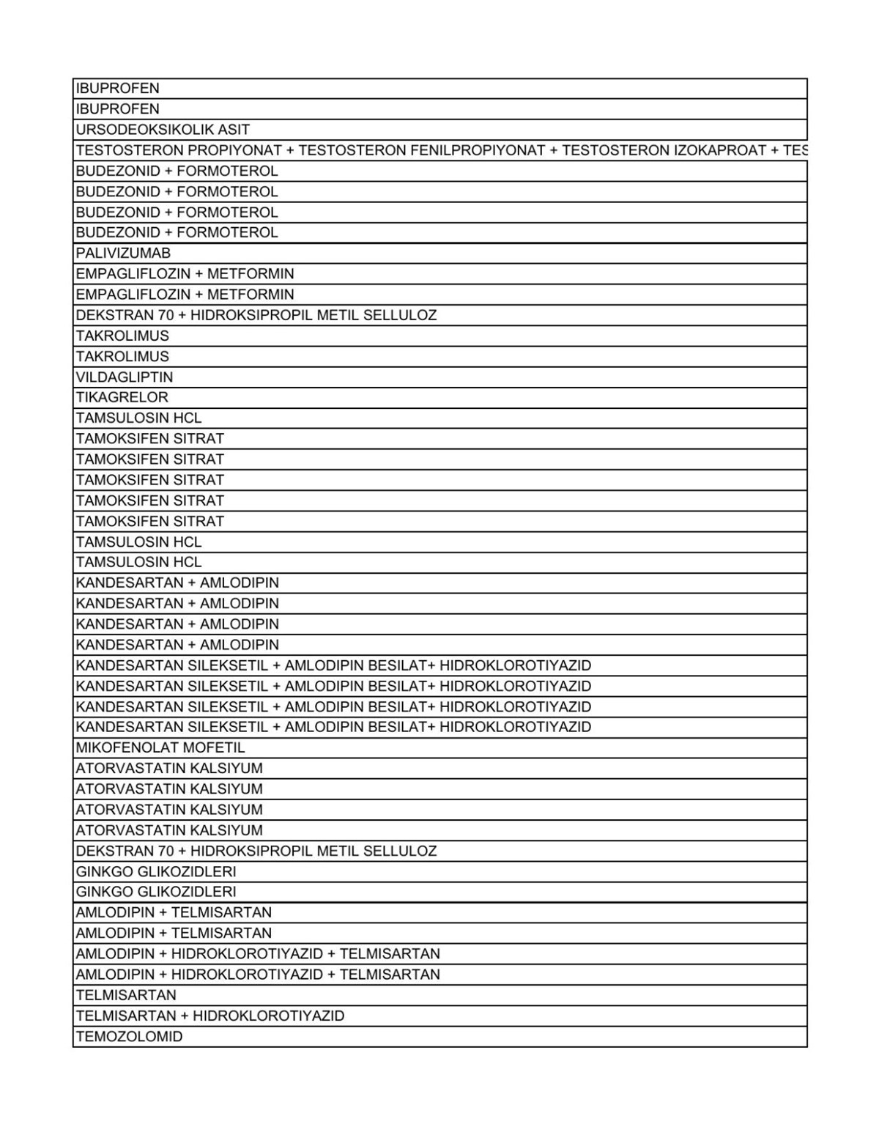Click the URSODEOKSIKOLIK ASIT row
[163, 130]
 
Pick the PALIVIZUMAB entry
[123, 253]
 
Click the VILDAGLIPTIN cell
[125, 377]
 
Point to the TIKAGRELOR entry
[122, 397]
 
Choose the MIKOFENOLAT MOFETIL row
[160, 747]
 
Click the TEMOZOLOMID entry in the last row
[129, 1036]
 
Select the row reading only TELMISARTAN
[126, 995]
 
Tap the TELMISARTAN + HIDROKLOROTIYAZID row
[209, 1016]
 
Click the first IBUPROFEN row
[117, 89]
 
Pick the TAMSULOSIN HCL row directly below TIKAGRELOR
[138, 418]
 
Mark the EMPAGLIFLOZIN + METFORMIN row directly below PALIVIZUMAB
[185, 274]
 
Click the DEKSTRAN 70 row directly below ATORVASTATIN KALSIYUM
[256, 851]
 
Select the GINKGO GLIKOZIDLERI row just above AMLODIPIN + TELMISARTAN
[156, 892]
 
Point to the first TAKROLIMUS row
[122, 336]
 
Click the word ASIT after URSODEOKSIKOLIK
[233, 130]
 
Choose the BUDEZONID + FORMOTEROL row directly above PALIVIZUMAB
[177, 232]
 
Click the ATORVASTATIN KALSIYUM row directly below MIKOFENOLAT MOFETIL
[169, 768]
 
